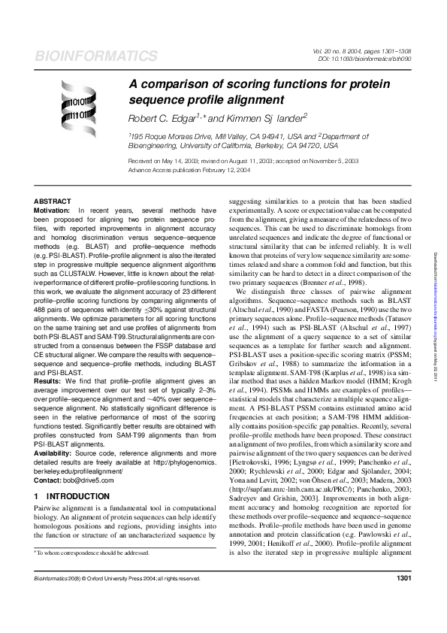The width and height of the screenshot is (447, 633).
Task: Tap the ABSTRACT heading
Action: tap(53, 201)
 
